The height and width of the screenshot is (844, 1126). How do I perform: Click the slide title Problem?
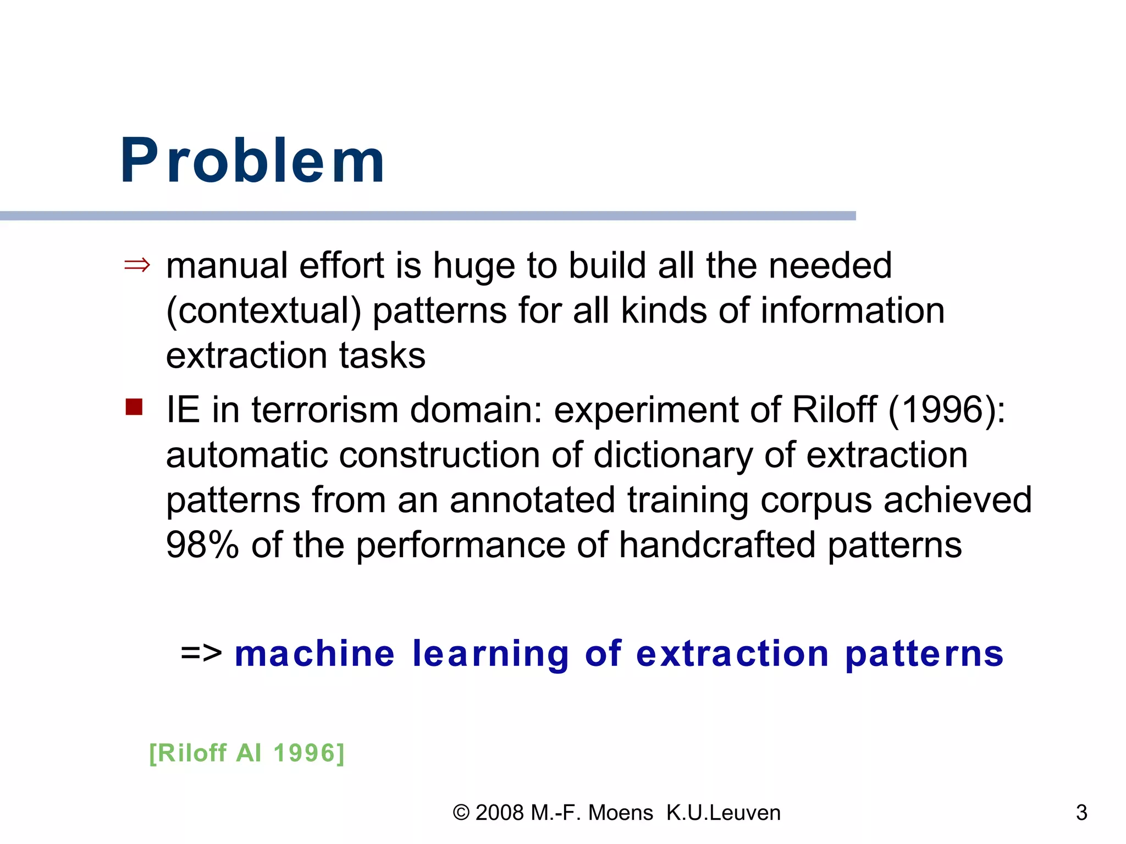252,160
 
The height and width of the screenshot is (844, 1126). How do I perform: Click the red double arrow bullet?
137,265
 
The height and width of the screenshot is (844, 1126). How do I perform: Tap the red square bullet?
134,407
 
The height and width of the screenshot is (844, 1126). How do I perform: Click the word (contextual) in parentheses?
263,311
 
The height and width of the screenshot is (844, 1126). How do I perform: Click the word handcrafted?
716,545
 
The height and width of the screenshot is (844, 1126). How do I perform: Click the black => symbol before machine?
201,653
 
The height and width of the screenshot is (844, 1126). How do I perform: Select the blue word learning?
490,654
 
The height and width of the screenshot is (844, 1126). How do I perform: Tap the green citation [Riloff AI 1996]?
247,753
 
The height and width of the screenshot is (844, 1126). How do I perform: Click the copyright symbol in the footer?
461,813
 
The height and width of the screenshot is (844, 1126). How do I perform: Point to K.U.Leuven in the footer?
723,813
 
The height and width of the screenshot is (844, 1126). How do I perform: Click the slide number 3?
1081,813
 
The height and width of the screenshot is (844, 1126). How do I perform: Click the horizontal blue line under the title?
428,216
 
